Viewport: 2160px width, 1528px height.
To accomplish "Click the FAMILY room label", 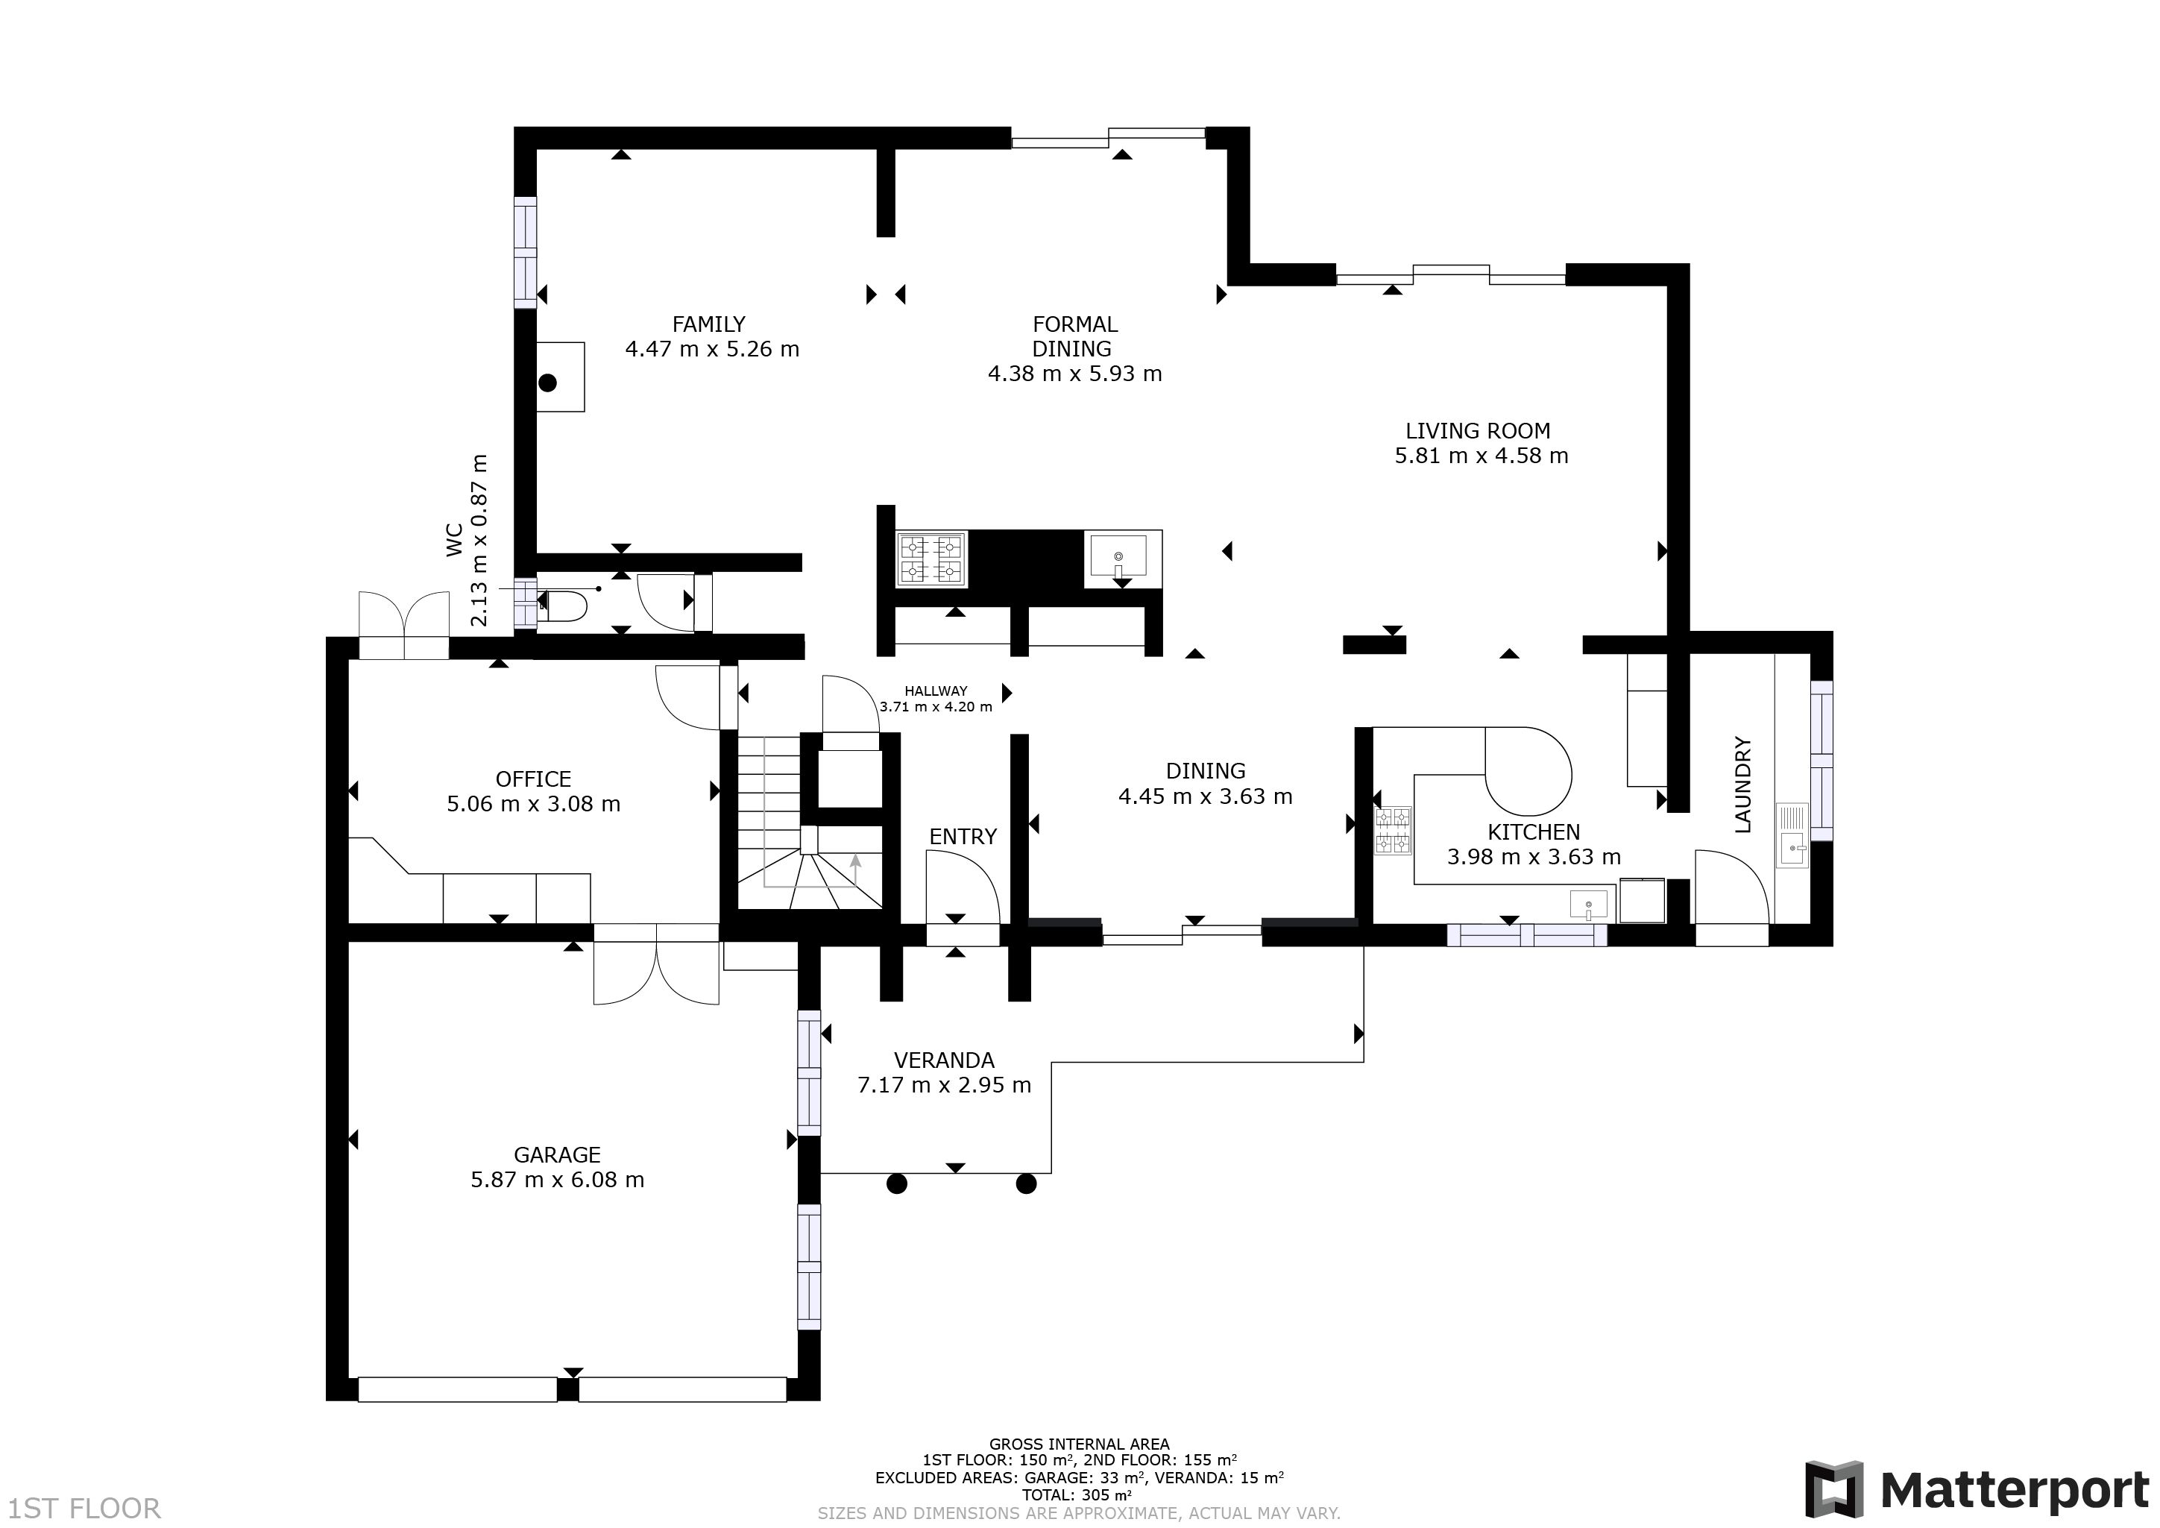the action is pos(708,324).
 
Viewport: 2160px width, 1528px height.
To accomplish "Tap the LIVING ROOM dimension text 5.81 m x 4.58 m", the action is pos(1481,456).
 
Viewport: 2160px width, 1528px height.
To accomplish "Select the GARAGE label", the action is pos(557,1154).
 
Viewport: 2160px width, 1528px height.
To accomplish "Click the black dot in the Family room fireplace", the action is pos(547,383).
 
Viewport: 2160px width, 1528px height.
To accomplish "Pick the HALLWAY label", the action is pos(936,691).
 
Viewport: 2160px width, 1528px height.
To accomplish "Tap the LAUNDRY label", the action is pos(1742,785).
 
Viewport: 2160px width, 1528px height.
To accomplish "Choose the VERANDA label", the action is pos(944,1060).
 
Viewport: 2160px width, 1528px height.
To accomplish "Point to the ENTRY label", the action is pos(963,837).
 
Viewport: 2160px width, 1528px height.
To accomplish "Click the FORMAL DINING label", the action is pos(1074,336).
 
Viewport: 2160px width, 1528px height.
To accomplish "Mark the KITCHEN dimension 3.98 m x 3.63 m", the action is pos(1534,857).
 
